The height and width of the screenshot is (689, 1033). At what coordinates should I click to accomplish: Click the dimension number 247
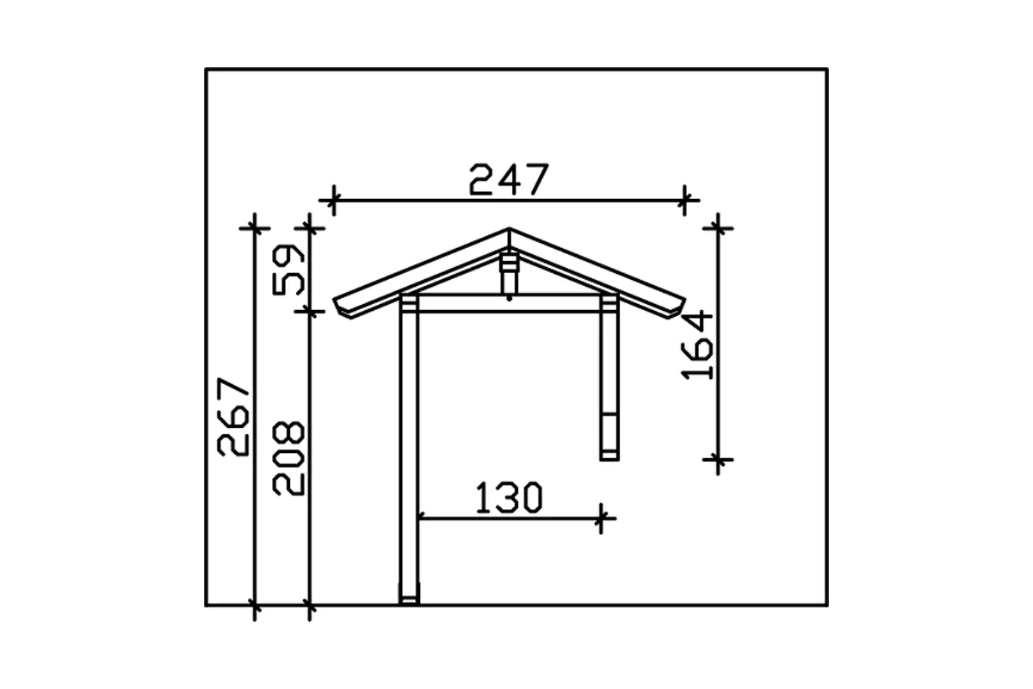click(509, 179)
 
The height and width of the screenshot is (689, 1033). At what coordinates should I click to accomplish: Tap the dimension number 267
click(233, 417)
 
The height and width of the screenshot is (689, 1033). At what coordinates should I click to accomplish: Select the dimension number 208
click(288, 458)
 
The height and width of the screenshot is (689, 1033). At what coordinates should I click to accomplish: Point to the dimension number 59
click(288, 270)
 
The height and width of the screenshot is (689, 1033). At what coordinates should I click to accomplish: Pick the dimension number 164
click(696, 344)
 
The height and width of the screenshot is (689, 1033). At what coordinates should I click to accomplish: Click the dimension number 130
click(509, 498)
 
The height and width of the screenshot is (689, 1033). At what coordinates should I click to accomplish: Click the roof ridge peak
click(509, 228)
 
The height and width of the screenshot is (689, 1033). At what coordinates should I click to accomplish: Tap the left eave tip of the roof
click(334, 300)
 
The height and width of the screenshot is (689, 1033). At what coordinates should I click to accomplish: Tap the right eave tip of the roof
click(685, 300)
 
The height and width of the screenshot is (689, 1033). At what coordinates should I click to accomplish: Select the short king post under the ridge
click(509, 273)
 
